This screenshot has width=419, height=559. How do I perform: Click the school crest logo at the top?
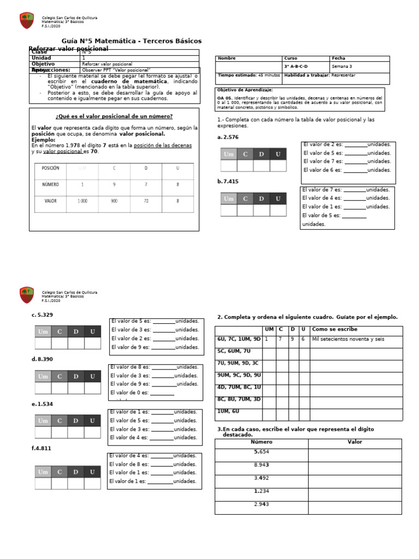tap(26, 21)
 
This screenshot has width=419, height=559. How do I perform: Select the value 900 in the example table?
tap(114, 201)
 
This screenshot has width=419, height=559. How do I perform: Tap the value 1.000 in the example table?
tap(82, 201)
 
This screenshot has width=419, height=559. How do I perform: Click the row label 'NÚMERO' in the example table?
tap(50, 185)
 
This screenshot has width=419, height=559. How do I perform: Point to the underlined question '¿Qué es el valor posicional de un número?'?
tap(114, 116)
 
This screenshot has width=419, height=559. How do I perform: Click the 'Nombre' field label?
tap(226, 58)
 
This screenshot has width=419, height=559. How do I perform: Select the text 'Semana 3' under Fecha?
tap(342, 67)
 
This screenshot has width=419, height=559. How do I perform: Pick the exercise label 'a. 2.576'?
tap(228, 138)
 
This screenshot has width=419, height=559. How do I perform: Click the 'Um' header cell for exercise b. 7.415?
tap(229, 199)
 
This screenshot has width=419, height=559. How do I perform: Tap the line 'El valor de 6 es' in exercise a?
tap(347, 170)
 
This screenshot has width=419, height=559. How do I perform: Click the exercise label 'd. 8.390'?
tap(43, 359)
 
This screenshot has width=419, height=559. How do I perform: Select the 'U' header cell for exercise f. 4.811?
tap(92, 472)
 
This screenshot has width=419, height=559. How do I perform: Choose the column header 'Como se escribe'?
tap(334, 329)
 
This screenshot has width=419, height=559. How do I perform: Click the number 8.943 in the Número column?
tap(261, 465)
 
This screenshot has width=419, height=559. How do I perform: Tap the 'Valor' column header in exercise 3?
tap(355, 442)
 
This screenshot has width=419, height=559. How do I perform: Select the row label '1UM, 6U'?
tap(228, 411)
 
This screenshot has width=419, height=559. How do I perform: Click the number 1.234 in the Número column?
tap(261, 491)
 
